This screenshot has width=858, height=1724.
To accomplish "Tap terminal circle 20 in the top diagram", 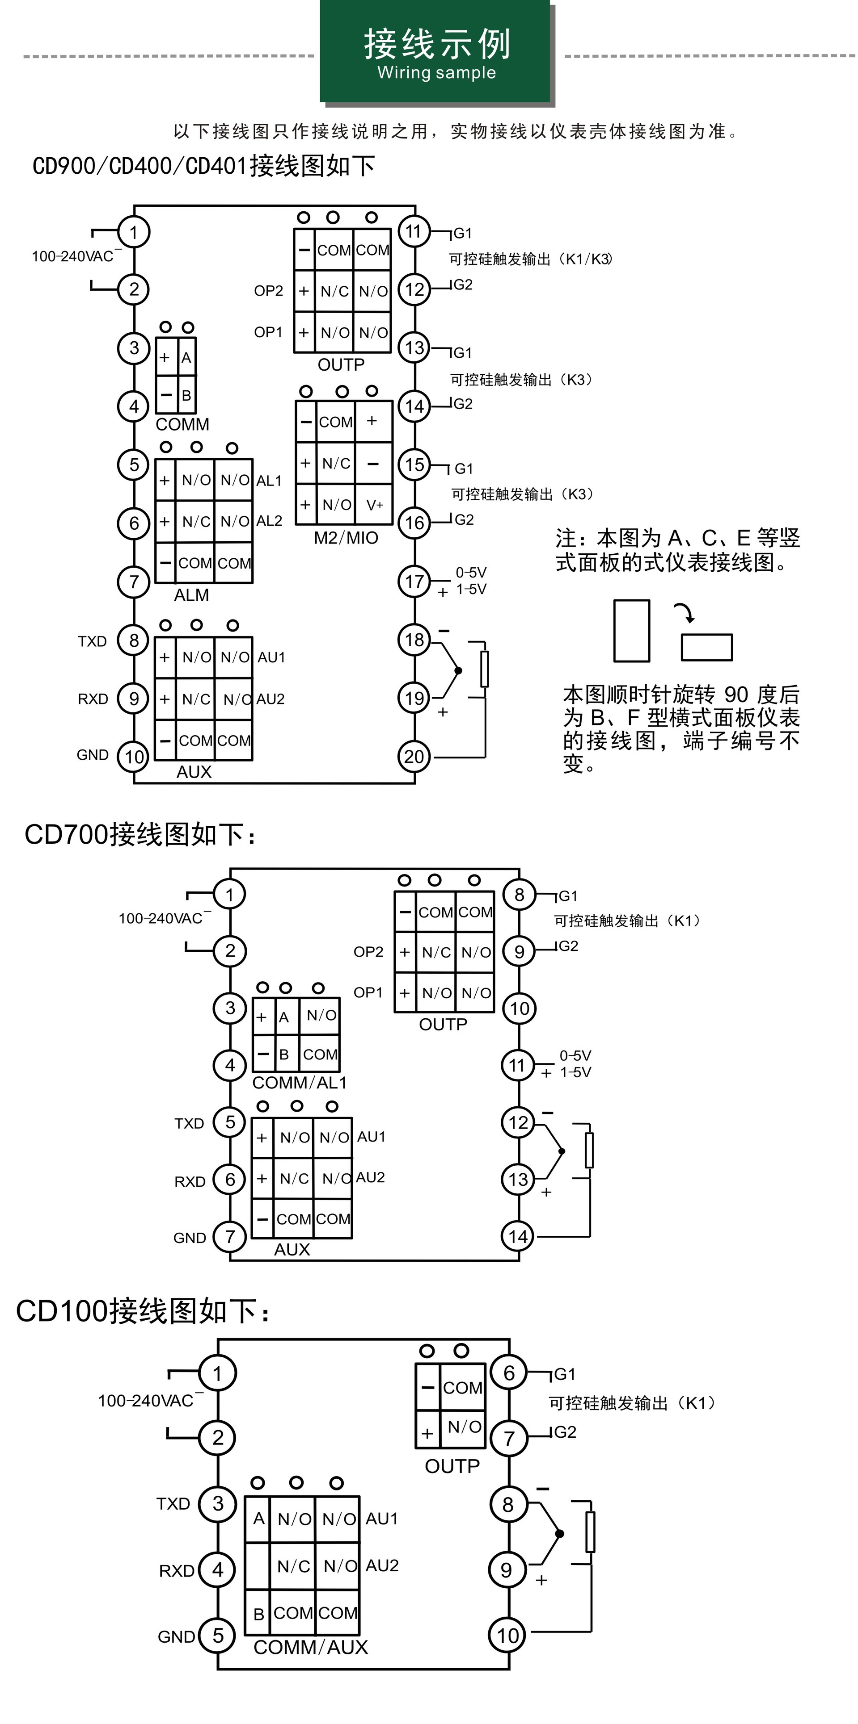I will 414,757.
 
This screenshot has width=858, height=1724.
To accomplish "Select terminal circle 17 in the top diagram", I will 414,581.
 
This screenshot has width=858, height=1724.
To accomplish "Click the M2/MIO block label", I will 346,538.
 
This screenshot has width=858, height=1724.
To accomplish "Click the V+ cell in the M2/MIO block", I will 374,505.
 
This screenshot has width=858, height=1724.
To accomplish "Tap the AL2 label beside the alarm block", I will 269,521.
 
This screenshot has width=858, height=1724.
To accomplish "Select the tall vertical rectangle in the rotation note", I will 632,631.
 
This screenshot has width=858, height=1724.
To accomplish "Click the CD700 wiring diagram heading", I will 139,835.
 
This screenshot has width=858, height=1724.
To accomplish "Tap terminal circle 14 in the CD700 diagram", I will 518,1236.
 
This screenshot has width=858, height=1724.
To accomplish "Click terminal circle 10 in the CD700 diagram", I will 519,1008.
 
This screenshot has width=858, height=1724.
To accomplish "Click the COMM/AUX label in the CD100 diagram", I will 311,1647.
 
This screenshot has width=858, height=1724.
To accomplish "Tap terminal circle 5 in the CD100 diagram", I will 218,1636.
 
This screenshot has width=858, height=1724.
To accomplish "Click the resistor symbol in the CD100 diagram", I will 590,1532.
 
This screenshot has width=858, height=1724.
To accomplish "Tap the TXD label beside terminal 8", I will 93,641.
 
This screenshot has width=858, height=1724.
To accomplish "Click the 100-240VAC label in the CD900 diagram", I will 72,256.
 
